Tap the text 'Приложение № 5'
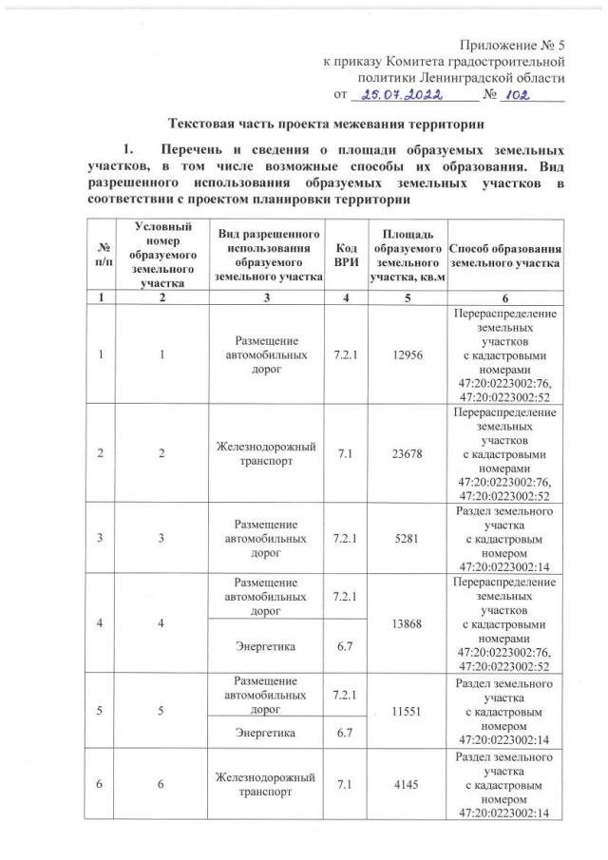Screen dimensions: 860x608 [x=513, y=44]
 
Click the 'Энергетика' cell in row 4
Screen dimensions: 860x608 [x=267, y=645]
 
